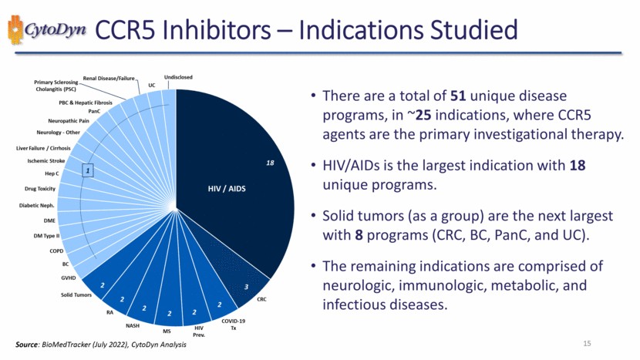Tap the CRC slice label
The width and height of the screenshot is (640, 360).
point(261,299)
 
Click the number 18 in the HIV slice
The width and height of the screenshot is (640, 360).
point(271,163)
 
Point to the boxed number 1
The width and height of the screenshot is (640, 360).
point(88,170)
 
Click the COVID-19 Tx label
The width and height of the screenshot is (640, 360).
point(234,324)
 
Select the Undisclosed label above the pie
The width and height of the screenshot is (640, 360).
point(178,77)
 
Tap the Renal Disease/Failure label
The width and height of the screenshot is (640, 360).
point(109,78)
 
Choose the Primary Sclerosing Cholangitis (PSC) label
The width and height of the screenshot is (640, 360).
point(62,85)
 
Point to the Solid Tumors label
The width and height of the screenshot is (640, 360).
point(76,294)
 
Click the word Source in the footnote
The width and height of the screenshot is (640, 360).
point(28,343)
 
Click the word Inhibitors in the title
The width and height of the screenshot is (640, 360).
point(240,32)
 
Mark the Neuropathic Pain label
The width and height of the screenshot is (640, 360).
point(69,121)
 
